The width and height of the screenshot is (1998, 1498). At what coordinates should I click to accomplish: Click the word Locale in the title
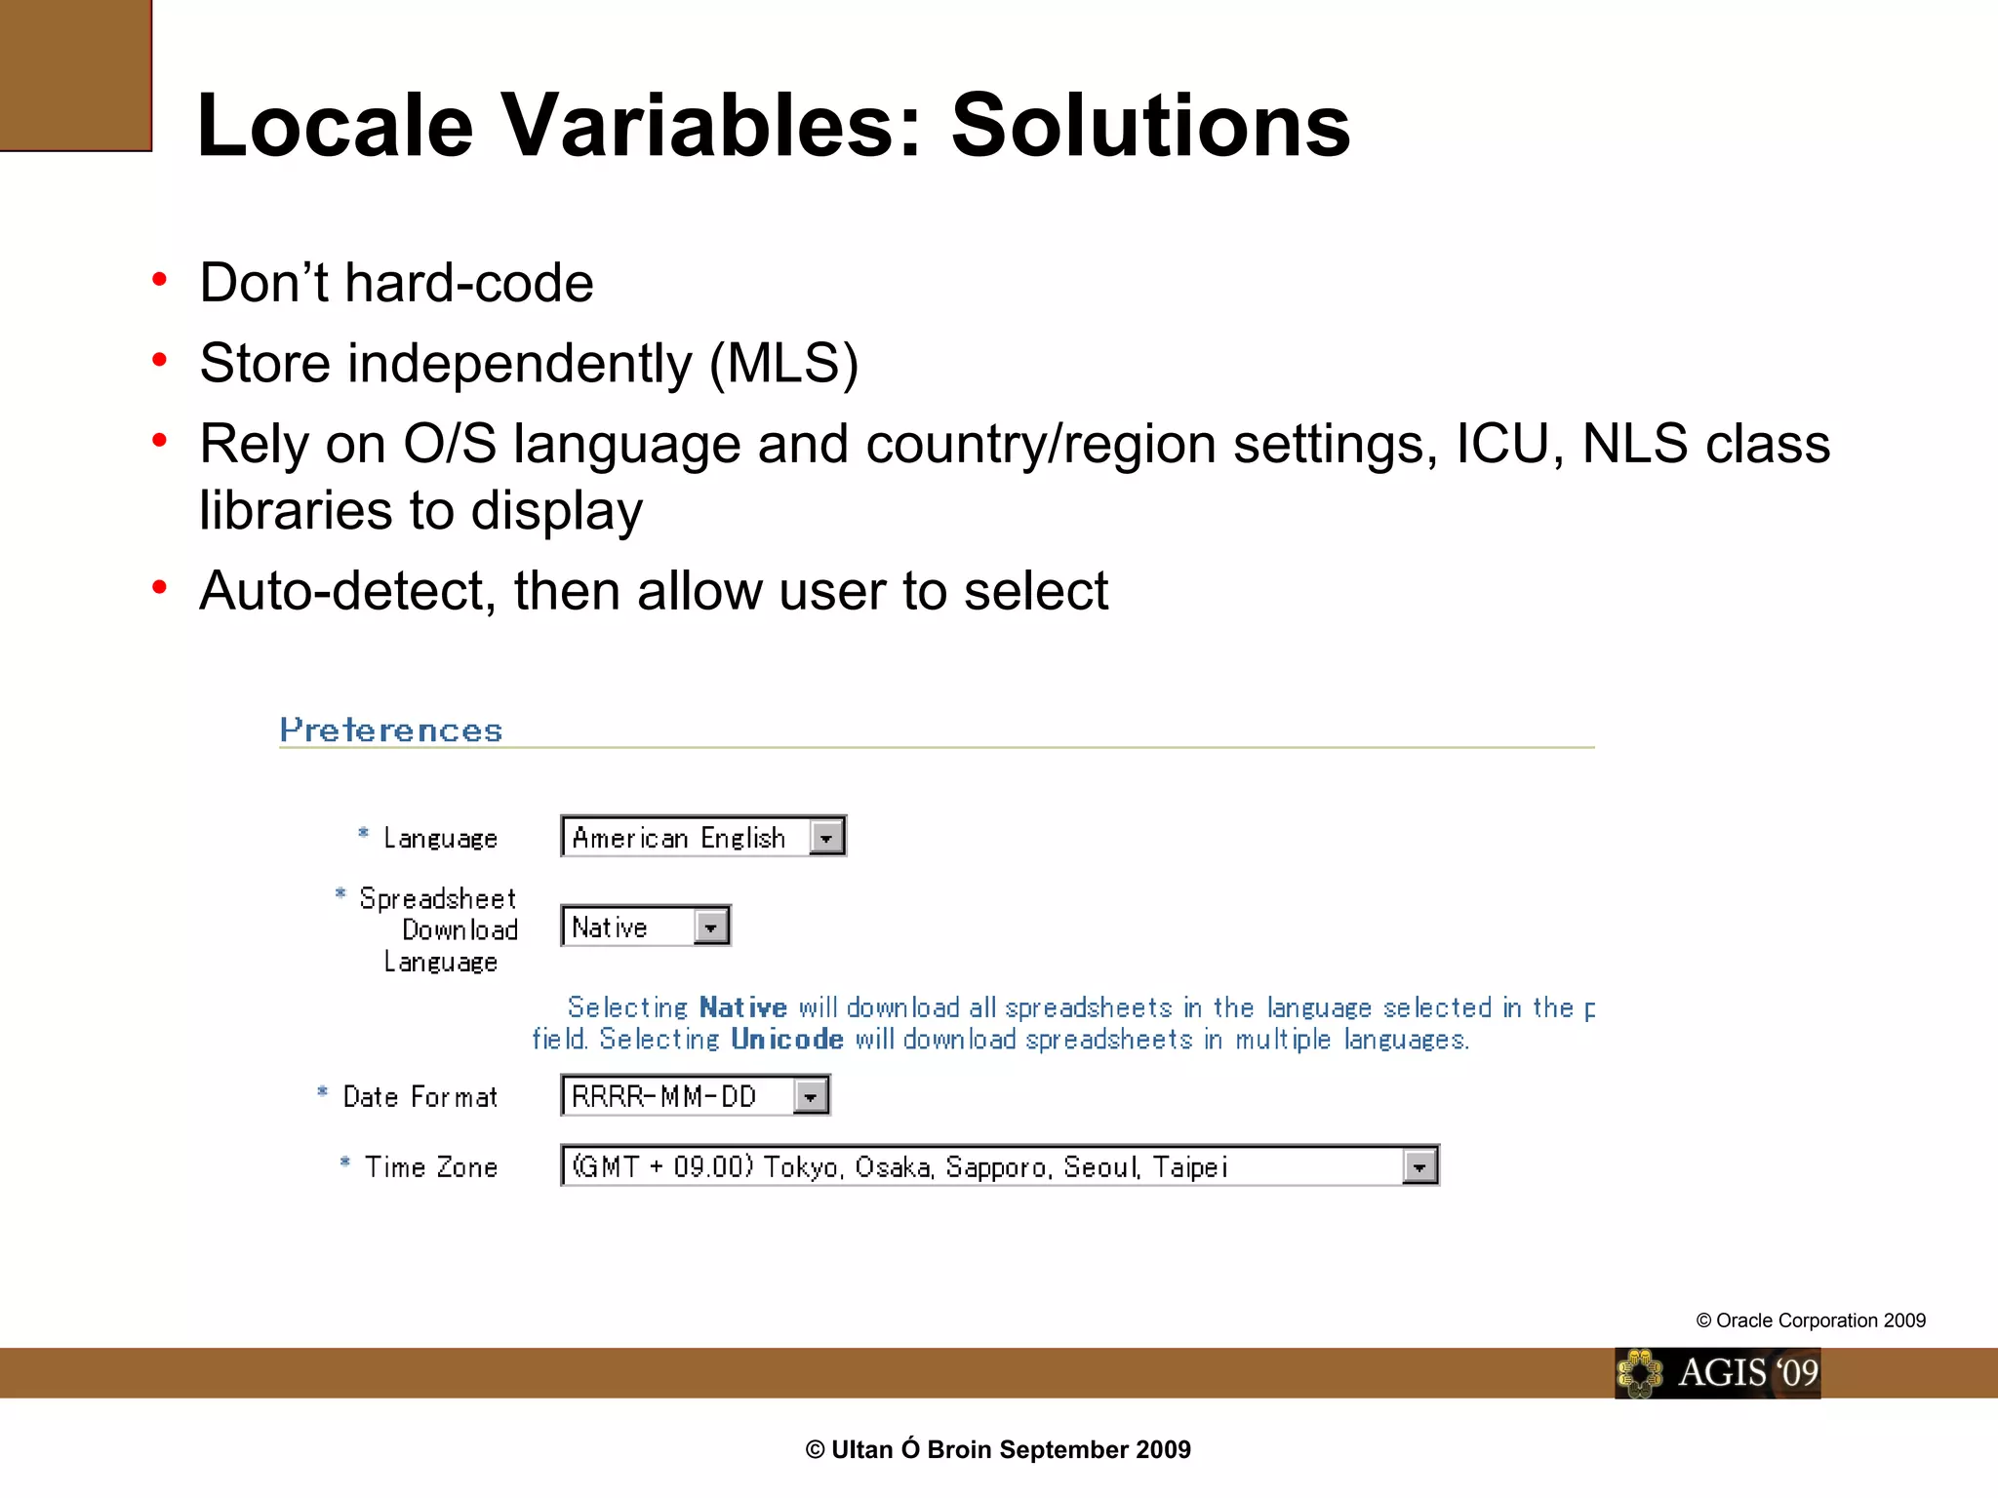(x=335, y=127)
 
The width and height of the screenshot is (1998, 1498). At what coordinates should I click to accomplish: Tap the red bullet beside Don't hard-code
(x=160, y=281)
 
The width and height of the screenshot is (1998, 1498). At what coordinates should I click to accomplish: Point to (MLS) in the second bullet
(x=783, y=364)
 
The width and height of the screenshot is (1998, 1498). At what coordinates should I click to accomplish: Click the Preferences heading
(x=391, y=730)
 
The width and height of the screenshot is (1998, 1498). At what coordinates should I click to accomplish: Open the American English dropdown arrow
(x=826, y=838)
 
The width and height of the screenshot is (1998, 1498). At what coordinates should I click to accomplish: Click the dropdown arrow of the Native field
(x=711, y=927)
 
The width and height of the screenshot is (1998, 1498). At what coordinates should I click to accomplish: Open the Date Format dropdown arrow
(x=810, y=1097)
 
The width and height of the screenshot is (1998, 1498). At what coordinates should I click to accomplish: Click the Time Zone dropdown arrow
(x=1419, y=1167)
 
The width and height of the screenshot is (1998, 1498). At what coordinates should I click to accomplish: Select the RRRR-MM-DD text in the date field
(x=663, y=1097)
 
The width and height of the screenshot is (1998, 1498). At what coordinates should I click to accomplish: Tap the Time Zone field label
(x=430, y=1167)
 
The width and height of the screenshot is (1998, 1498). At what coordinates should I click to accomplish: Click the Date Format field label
(x=420, y=1097)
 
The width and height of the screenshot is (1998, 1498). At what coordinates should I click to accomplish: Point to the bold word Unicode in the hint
(x=786, y=1040)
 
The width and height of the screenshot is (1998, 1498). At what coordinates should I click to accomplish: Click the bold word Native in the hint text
(x=742, y=1007)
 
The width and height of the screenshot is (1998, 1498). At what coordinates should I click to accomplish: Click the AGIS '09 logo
(x=1717, y=1373)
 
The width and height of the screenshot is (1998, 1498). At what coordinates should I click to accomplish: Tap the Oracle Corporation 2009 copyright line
(x=1811, y=1321)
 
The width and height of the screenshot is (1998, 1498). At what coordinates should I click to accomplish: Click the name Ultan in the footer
(x=861, y=1450)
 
